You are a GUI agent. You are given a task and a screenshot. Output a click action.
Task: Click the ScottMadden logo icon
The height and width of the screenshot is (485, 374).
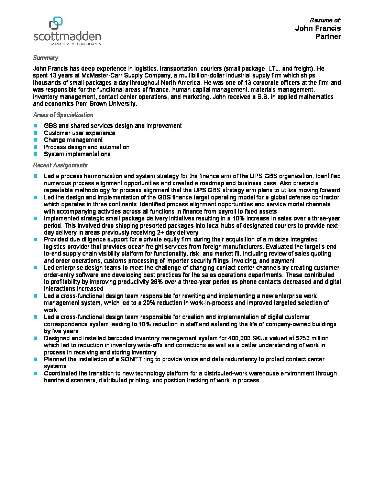[56, 23]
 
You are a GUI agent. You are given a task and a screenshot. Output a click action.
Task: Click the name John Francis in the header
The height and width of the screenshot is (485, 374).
[318, 28]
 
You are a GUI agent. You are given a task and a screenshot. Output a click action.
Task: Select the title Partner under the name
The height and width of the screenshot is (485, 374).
[328, 37]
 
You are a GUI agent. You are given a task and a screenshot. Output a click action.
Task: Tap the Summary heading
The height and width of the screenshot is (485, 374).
[45, 58]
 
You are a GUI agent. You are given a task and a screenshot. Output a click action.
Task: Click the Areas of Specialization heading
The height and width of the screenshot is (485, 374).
[63, 115]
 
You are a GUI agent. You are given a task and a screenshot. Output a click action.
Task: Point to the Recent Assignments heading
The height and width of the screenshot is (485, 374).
[60, 165]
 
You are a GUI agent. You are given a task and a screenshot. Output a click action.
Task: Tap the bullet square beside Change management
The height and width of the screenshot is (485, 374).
[35, 140]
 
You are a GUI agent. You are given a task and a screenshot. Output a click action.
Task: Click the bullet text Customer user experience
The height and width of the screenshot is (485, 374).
[79, 133]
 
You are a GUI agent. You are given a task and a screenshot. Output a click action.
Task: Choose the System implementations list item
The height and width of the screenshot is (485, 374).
[77, 154]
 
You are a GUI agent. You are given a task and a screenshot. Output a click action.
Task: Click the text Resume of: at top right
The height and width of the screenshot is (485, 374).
[325, 20]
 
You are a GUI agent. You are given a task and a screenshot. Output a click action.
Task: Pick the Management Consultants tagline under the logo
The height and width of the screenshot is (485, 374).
[76, 44]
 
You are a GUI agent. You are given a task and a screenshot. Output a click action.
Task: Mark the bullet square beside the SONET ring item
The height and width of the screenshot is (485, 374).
[35, 359]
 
